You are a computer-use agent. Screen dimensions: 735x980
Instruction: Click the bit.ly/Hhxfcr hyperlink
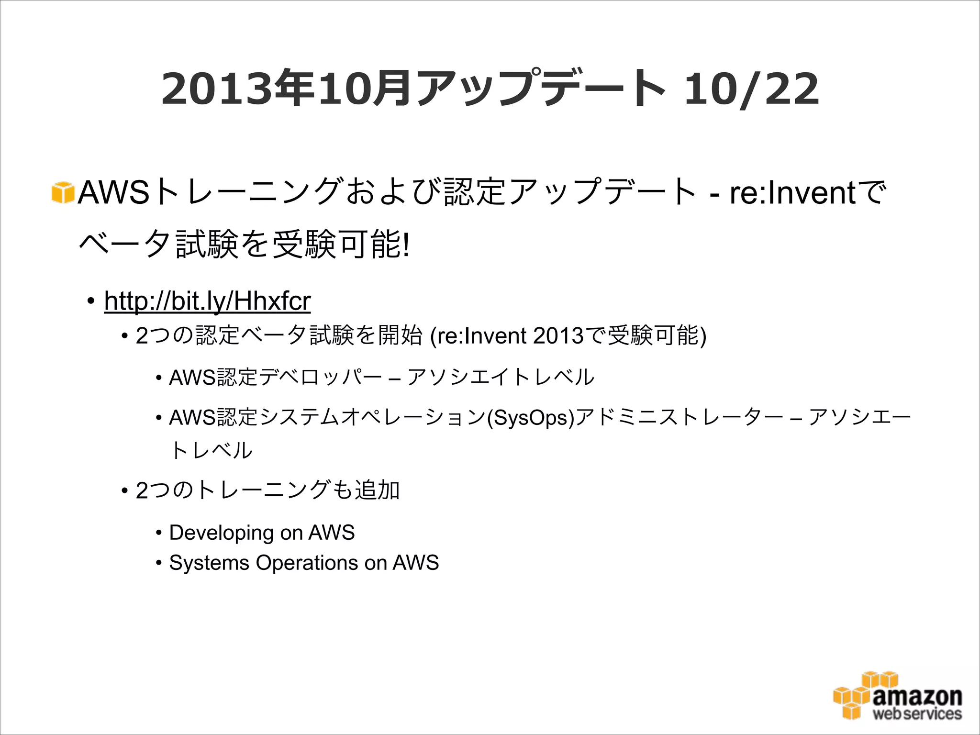coord(207,301)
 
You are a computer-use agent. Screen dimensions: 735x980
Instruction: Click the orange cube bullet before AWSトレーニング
coord(63,193)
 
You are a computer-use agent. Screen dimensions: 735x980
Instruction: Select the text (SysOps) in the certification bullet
coord(530,418)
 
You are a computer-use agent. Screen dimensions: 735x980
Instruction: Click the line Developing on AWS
coord(262,533)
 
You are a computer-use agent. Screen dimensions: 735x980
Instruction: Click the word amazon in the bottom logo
coord(917,696)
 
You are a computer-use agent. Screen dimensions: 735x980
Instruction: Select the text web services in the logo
coord(917,714)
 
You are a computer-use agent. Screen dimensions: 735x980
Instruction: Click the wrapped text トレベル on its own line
coord(211,450)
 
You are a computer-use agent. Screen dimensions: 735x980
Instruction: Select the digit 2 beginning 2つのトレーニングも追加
coord(142,490)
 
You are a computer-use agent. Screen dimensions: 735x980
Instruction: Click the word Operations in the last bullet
coord(307,563)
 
